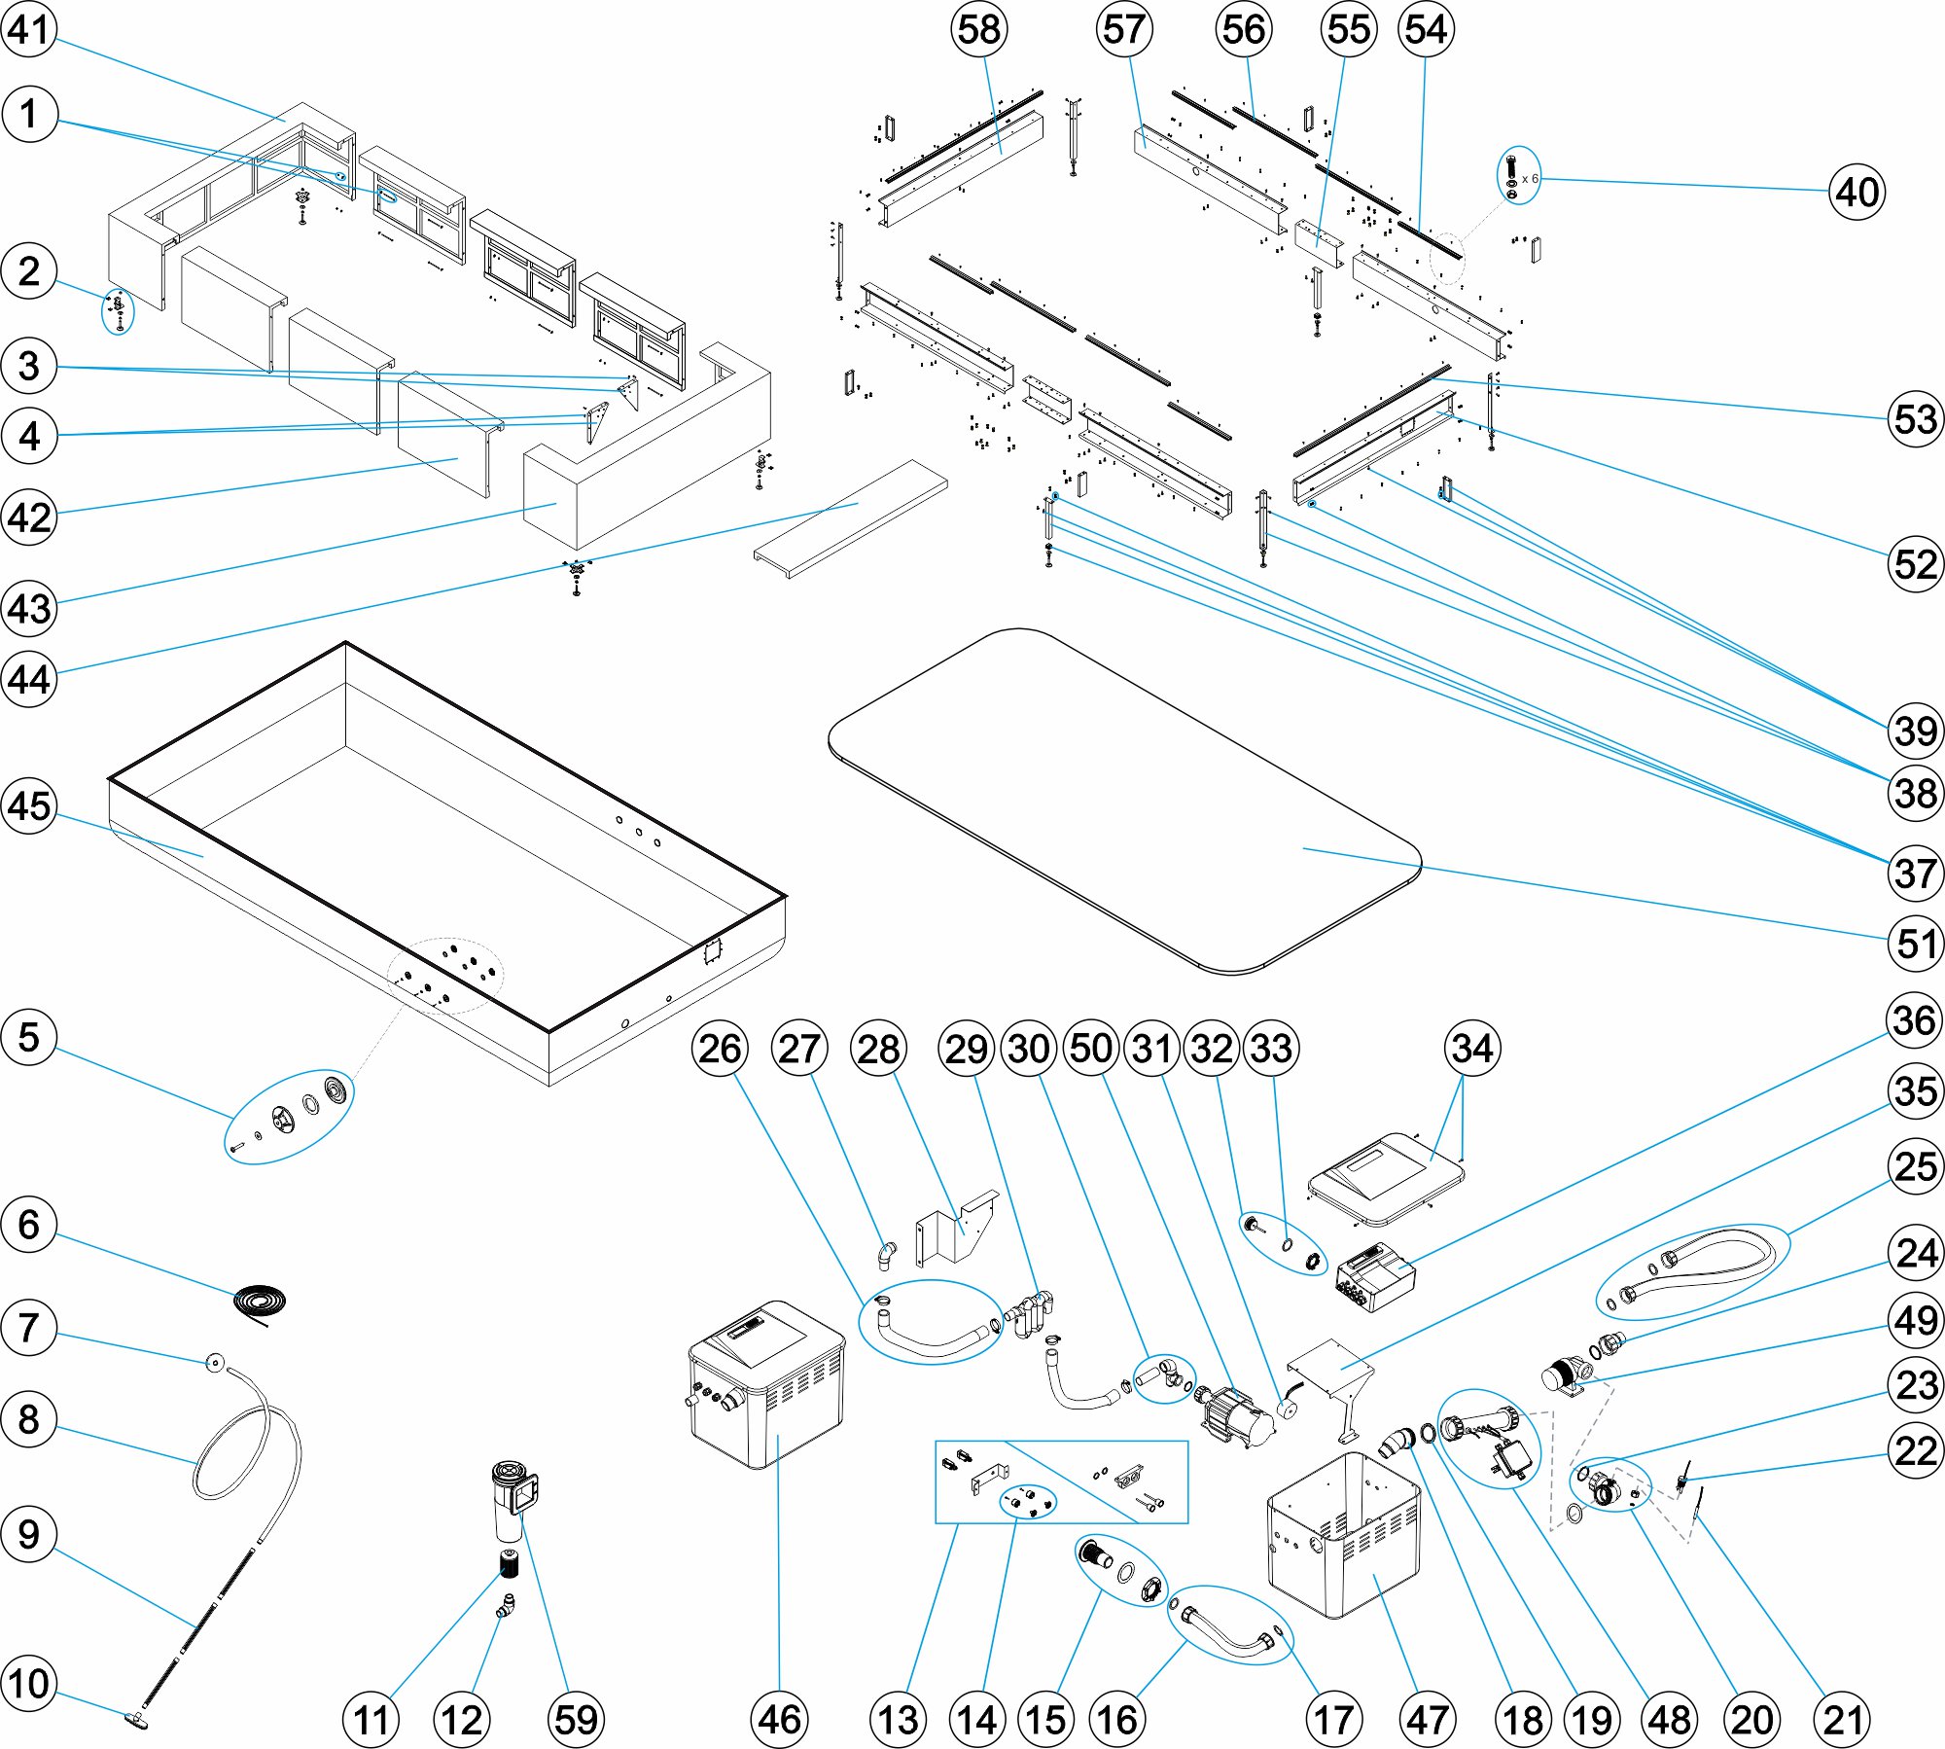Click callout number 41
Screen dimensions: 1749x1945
pyautogui.click(x=29, y=29)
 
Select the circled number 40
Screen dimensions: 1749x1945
pyautogui.click(x=1857, y=192)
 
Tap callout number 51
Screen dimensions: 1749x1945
pyautogui.click(x=1915, y=943)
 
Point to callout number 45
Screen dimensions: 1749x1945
pyautogui.click(x=29, y=805)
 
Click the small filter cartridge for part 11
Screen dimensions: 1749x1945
pyautogui.click(x=508, y=1565)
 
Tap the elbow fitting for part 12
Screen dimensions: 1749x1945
pyautogui.click(x=506, y=1606)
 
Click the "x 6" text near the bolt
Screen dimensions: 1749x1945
pyautogui.click(x=1530, y=179)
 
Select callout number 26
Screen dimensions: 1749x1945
pyautogui.click(x=720, y=1049)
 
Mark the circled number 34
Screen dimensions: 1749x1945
pyautogui.click(x=1472, y=1049)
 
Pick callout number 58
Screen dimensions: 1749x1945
pyautogui.click(x=978, y=29)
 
